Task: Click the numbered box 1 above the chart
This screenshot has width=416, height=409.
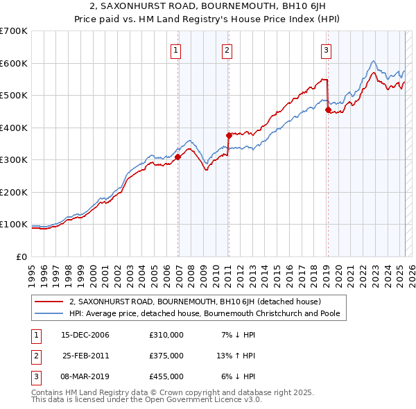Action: point(176,50)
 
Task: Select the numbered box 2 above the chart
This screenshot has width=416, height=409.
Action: point(227,50)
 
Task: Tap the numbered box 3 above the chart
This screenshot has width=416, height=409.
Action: point(326,50)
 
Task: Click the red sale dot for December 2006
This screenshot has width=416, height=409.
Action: point(178,157)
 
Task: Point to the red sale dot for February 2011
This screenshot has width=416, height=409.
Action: point(228,136)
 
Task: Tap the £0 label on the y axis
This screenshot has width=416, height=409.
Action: point(21,256)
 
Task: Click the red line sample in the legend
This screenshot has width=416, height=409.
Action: point(49,302)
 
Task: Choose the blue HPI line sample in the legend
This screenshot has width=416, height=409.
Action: point(49,313)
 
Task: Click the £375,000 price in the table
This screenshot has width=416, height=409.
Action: point(166,356)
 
